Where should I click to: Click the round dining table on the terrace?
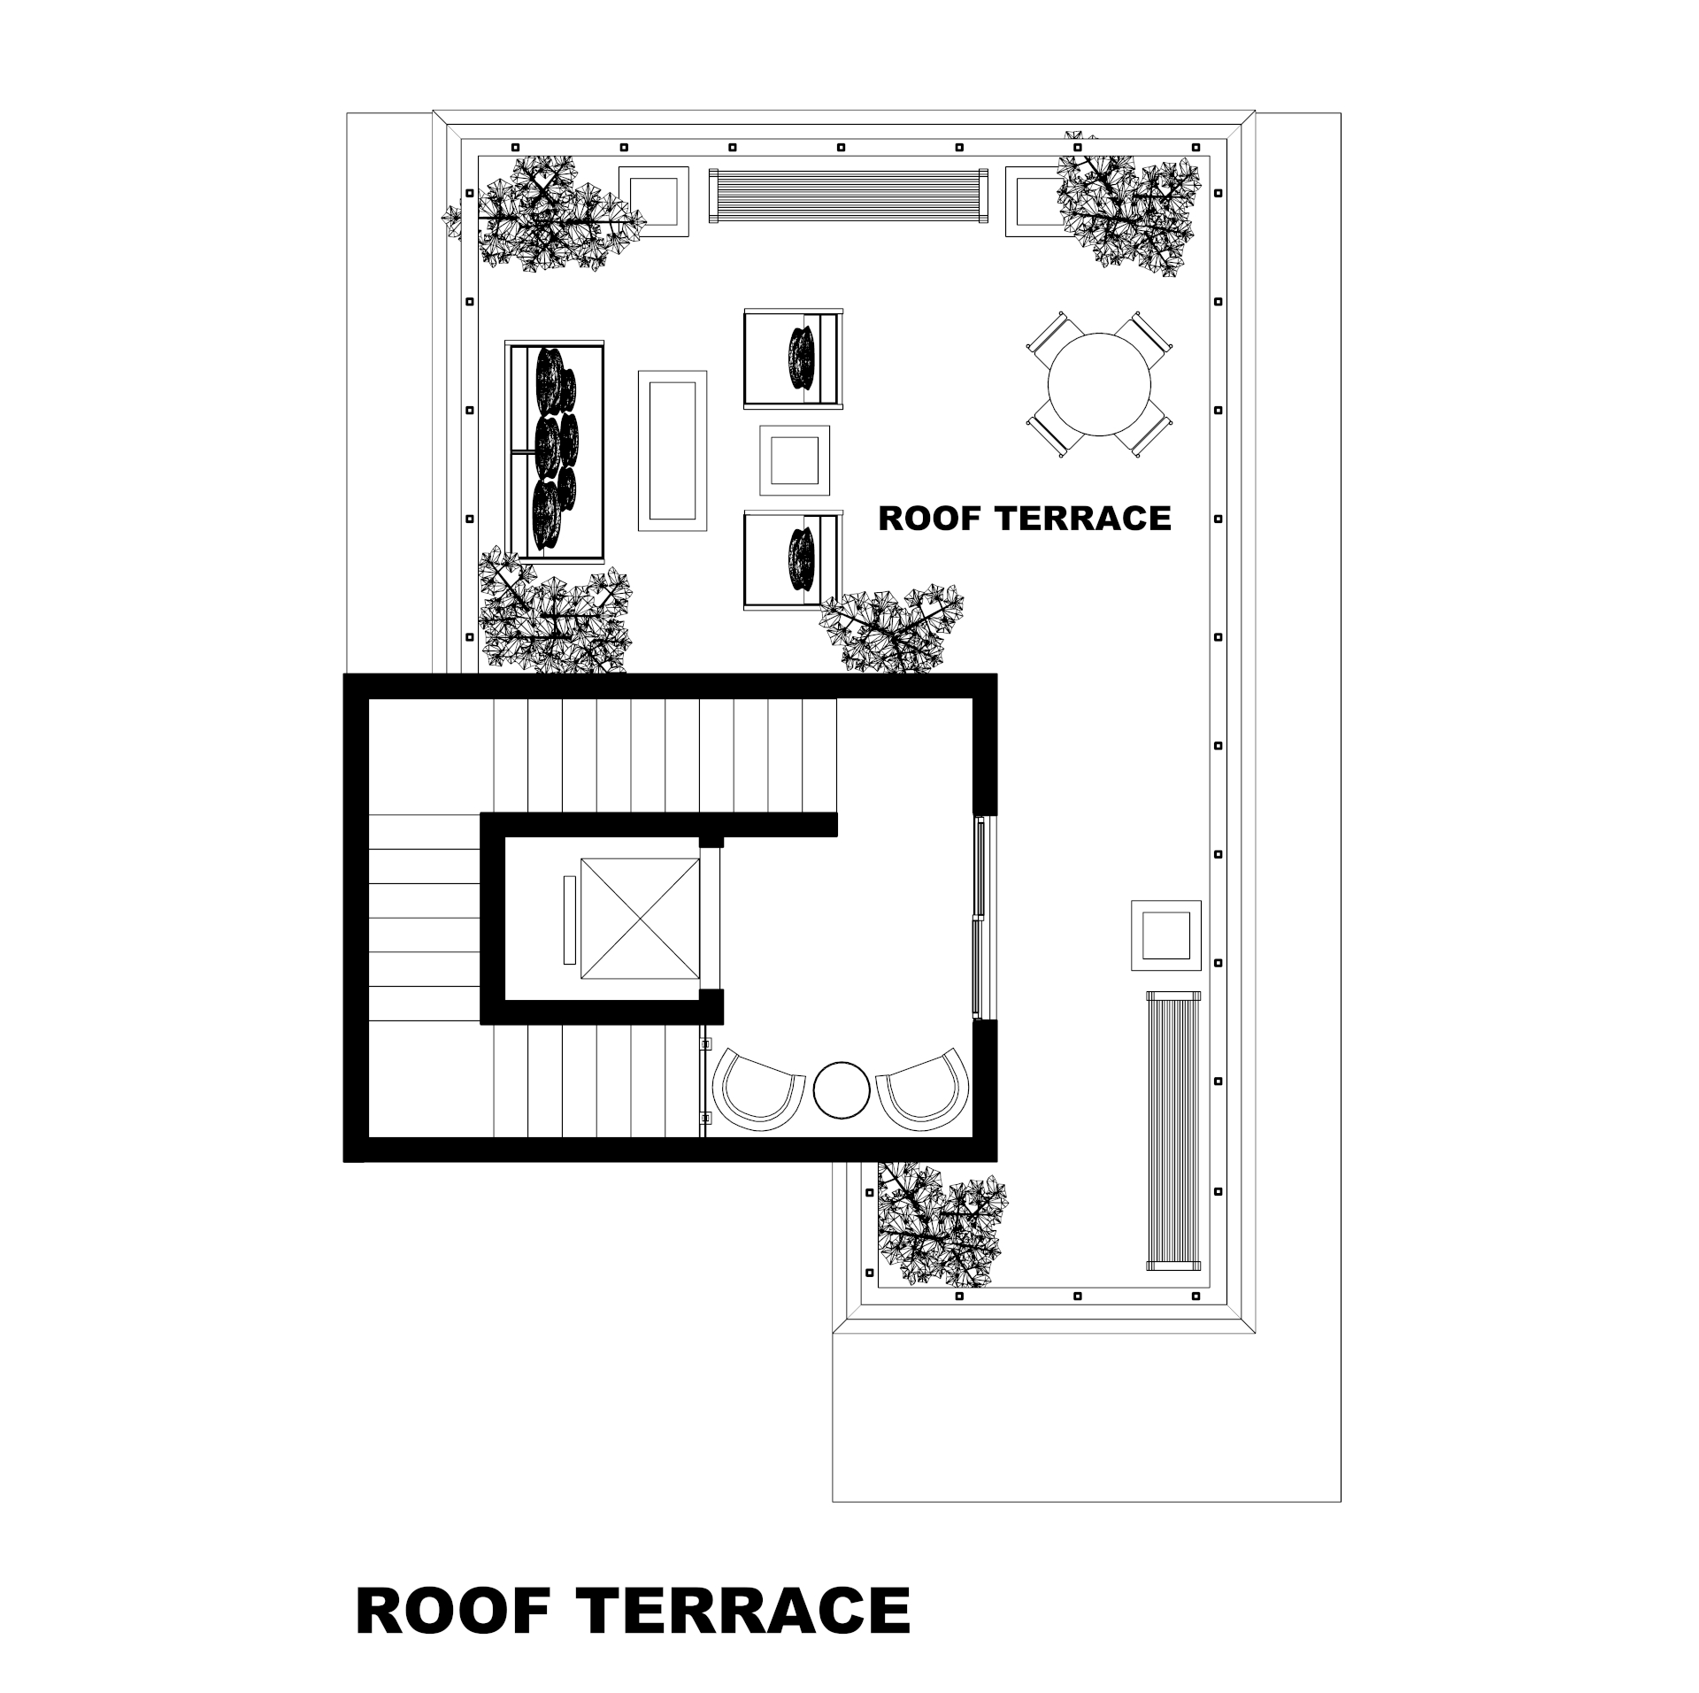pos(1099,384)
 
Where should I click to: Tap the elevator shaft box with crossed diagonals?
pos(640,918)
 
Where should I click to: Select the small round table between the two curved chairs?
pos(842,1089)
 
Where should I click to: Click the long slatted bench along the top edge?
pos(848,196)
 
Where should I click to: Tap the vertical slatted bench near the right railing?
pos(1173,1130)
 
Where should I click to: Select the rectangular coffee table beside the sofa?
pos(673,450)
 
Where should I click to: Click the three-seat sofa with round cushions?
pos(555,451)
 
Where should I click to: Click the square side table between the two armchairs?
pos(795,460)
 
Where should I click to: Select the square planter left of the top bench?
pos(653,201)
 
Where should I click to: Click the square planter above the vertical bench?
pos(1165,935)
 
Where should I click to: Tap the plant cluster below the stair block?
pos(941,1224)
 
